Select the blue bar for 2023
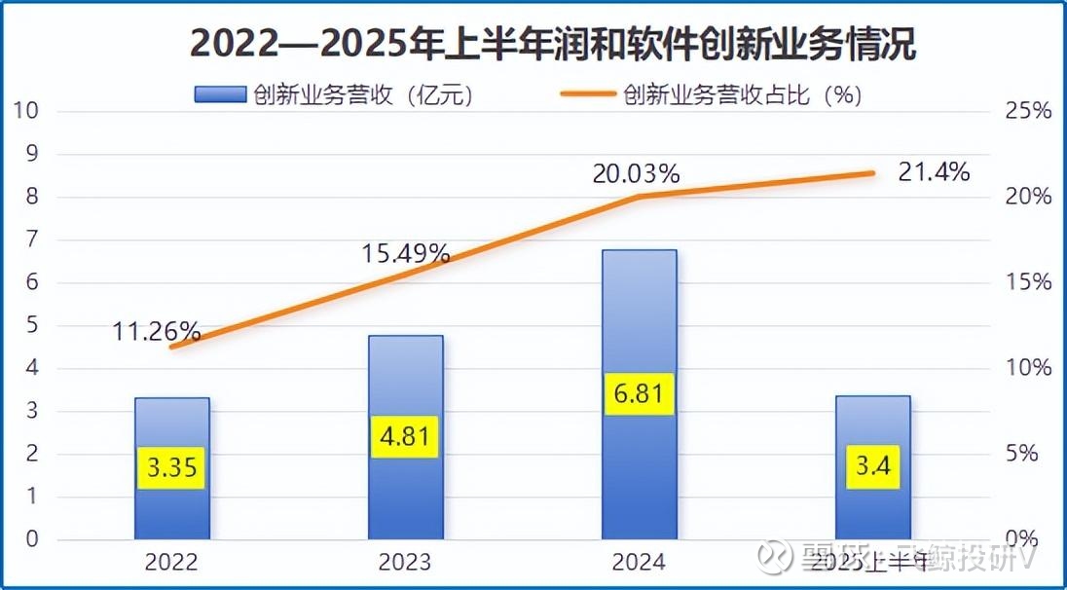coord(406,389)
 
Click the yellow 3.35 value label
coord(172,468)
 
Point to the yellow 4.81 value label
coord(405,437)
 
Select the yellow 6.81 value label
coord(639,393)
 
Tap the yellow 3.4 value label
coord(872,468)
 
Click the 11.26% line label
coord(155,331)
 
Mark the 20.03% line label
coord(636,174)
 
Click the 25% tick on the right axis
coord(1029,111)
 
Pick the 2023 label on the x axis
coord(405,562)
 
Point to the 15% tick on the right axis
coord(1029,282)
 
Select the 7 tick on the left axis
coord(31,240)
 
